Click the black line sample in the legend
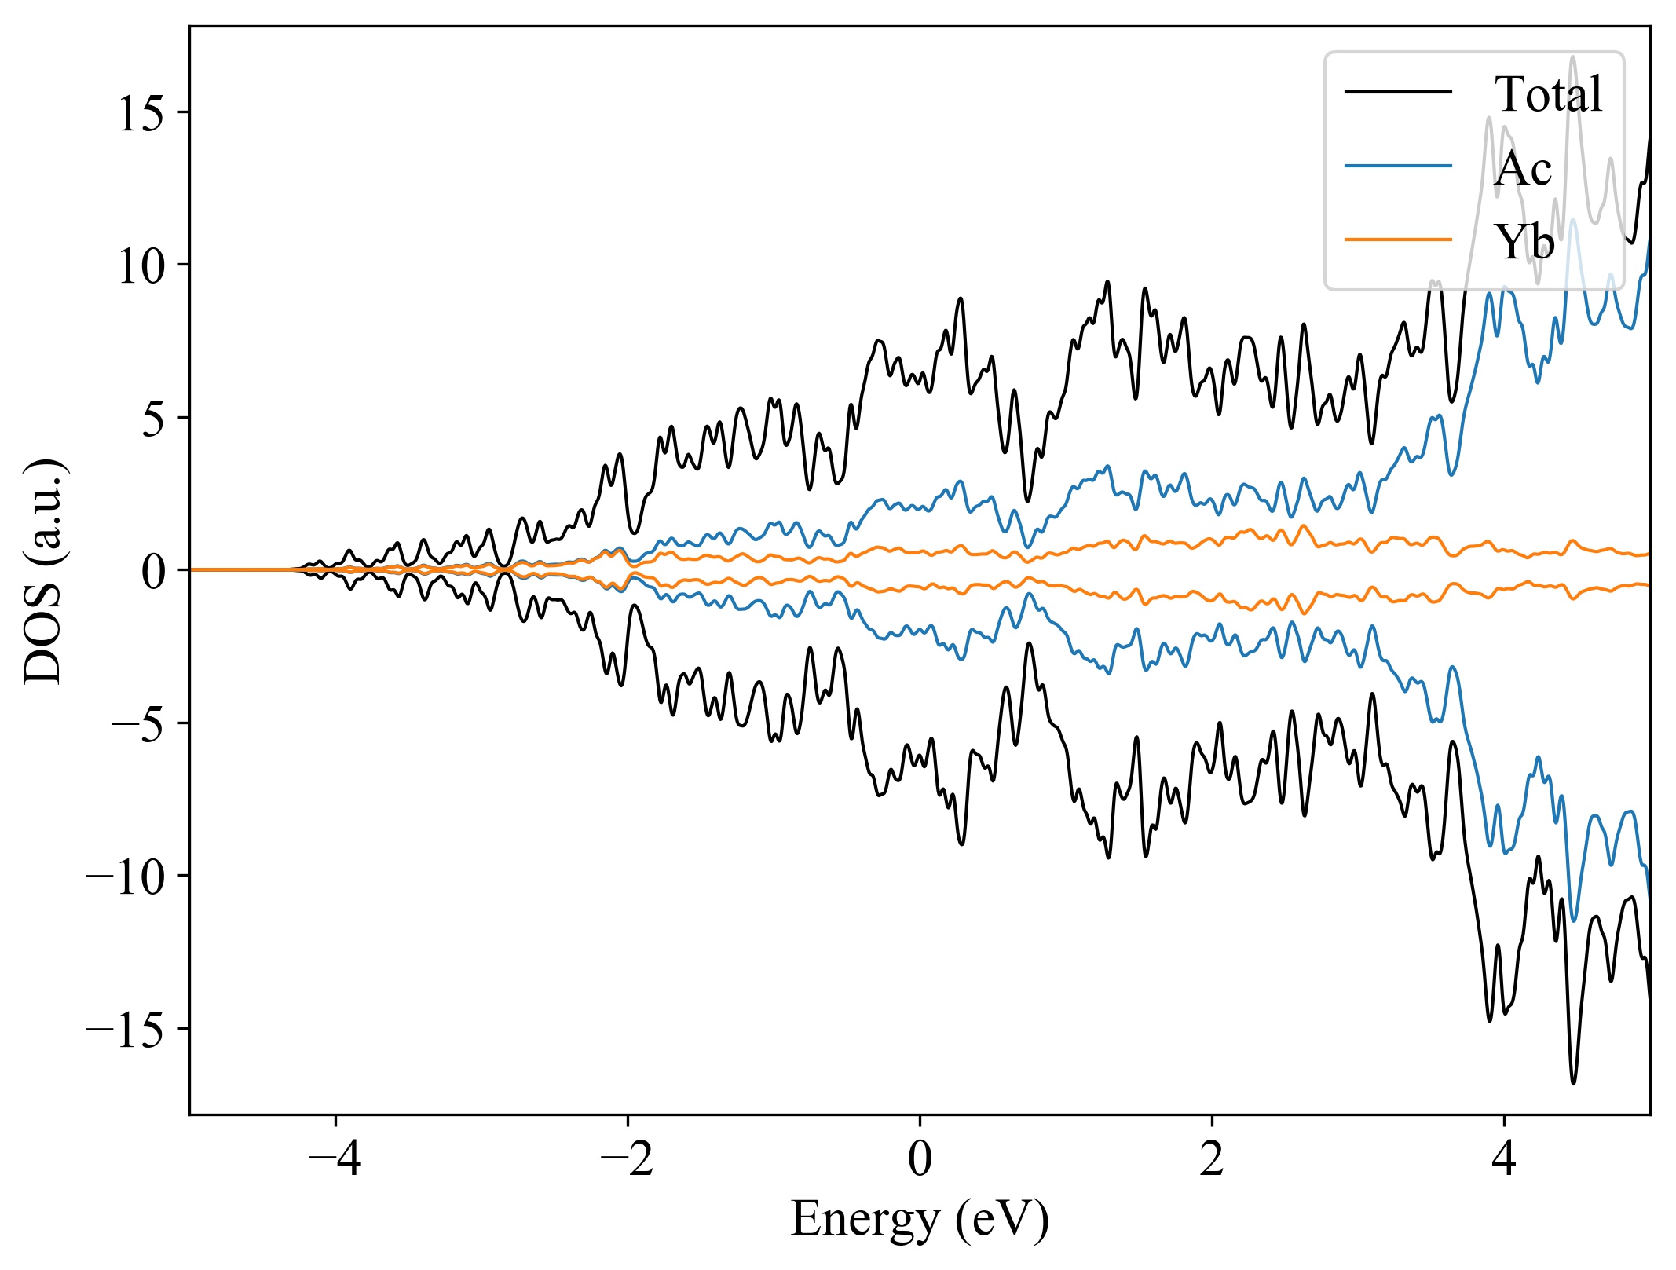pos(1398,93)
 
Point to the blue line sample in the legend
pos(1398,166)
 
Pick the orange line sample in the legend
pos(1398,239)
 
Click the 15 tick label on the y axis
pos(141,113)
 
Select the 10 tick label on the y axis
pos(141,265)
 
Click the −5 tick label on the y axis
pos(138,723)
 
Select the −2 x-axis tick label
pos(627,1158)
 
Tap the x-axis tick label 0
pos(920,1158)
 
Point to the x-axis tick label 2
pos(1212,1158)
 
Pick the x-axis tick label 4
pos(1504,1158)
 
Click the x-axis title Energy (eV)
pos(920,1220)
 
